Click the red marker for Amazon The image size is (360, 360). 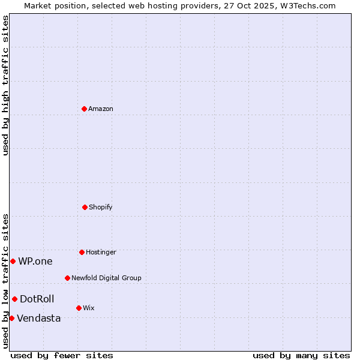click(84, 109)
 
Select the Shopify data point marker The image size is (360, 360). click(85, 207)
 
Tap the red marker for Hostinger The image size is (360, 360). click(82, 252)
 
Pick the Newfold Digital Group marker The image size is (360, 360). click(67, 278)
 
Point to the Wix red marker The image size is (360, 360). click(79, 308)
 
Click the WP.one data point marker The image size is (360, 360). click(13, 261)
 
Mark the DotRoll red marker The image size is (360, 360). click(14, 299)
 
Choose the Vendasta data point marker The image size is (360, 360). click(11, 318)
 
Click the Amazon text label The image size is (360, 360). click(101, 109)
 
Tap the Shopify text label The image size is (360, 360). click(101, 207)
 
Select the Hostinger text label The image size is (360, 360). click(101, 252)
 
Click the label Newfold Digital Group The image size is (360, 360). click(106, 278)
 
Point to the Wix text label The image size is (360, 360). click(89, 308)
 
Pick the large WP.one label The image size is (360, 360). click(35, 261)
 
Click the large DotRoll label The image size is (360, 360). click(37, 299)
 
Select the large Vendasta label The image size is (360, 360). click(39, 318)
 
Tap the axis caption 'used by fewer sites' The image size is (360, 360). click(62, 355)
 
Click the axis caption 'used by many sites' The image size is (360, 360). click(301, 355)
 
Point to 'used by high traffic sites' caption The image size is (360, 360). click(5, 85)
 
